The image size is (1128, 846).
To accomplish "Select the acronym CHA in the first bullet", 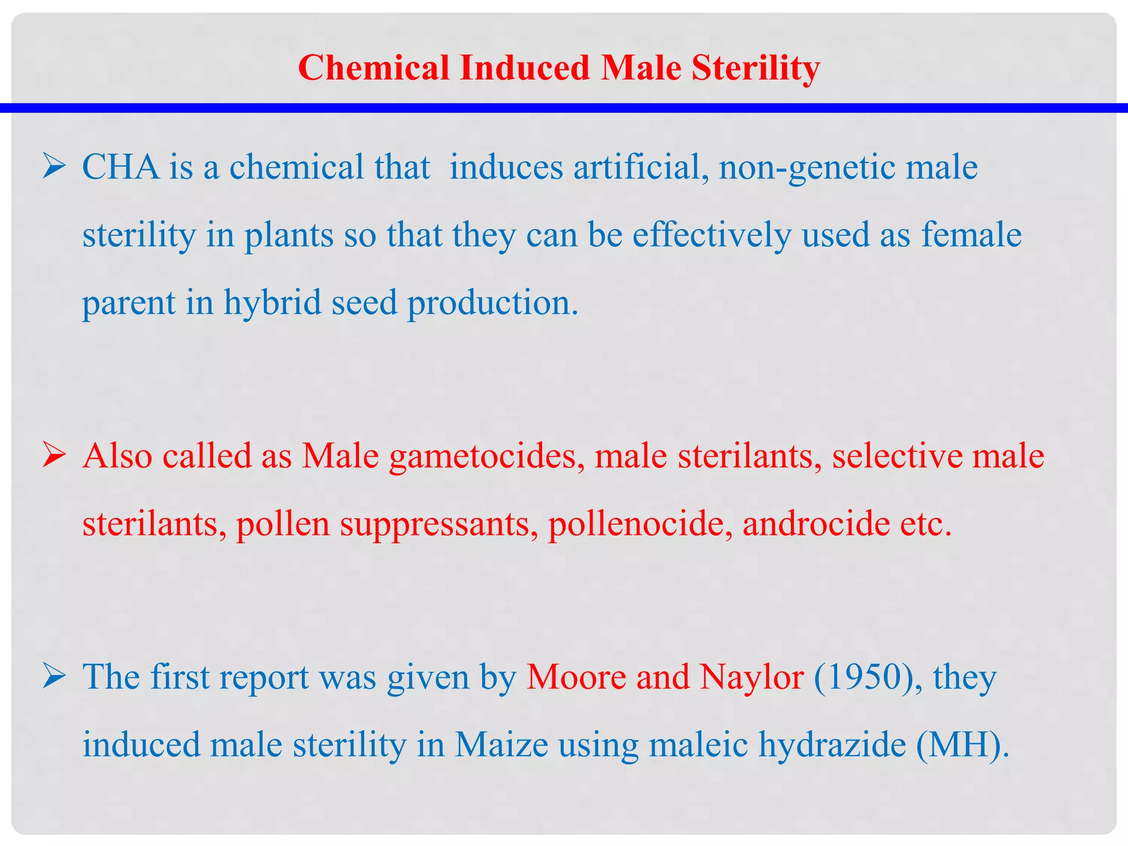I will [121, 167].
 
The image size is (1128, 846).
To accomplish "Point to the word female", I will [972, 235].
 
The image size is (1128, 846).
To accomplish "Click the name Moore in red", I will [577, 677].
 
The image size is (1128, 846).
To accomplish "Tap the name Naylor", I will [752, 677].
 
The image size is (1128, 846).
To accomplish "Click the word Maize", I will [501, 745].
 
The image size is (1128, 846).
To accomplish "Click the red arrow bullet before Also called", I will [54, 456].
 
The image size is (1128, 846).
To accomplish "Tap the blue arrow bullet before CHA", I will [54, 167].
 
